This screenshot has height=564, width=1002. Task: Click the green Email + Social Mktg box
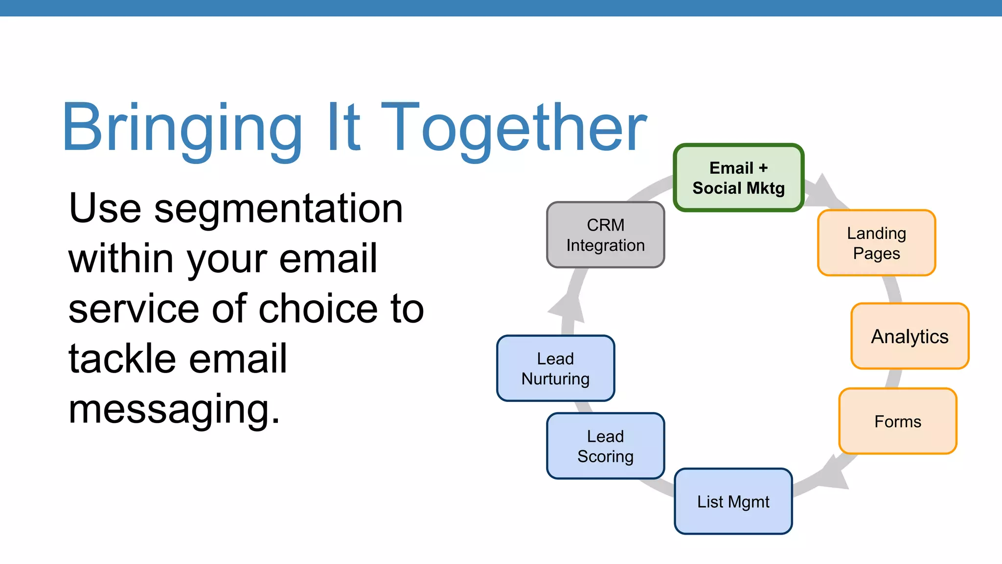[738, 178]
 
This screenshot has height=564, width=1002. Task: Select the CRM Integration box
[605, 235]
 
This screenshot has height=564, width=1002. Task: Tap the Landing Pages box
[876, 243]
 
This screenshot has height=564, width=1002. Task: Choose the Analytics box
[910, 336]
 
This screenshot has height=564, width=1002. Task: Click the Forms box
[897, 422]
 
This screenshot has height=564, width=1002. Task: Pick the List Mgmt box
[733, 501]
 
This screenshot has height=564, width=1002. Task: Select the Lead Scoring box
[605, 446]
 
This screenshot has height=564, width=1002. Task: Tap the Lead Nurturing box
[555, 369]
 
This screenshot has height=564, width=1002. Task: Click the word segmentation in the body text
[278, 209]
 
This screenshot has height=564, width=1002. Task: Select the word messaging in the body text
[174, 410]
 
